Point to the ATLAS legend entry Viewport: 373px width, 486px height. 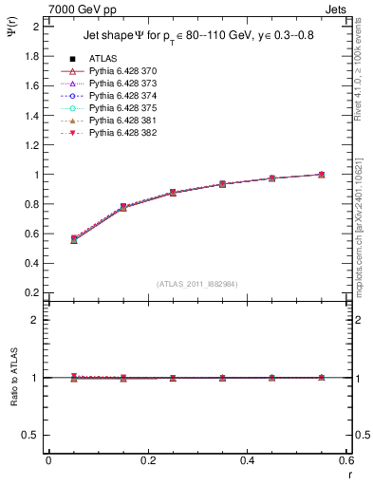click(104, 60)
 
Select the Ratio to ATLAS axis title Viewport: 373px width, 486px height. click(13, 378)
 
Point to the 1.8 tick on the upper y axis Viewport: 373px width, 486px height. click(30, 56)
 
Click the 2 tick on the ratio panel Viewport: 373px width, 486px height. click(34, 320)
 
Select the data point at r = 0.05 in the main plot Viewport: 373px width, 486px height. click(74, 239)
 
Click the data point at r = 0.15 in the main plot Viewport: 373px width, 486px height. click(123, 207)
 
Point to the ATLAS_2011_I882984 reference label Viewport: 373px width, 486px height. click(196, 283)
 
